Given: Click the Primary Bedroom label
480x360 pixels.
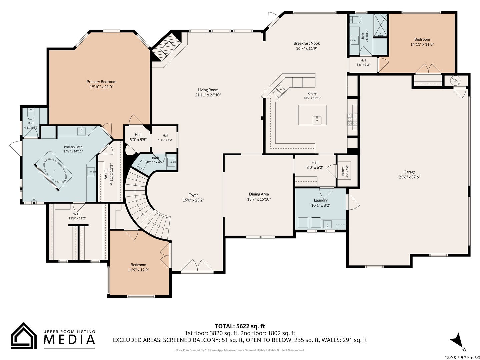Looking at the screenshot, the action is point(101,82).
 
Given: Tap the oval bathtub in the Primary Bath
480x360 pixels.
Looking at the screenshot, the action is point(55,171).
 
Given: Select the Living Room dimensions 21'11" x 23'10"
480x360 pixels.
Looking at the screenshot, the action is point(208,95).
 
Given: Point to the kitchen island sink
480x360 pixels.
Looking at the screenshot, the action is point(317,120).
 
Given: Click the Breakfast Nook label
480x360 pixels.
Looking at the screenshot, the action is point(307,43).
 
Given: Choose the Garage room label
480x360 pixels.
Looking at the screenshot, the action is point(409,172).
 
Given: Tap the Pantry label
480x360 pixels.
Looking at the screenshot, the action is point(343,171).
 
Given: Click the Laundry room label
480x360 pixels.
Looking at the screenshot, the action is point(321,200).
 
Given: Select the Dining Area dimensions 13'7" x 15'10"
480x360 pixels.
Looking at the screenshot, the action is point(259,199).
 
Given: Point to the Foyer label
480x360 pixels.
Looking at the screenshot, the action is point(193,195).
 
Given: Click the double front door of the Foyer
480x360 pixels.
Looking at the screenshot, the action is point(197,266).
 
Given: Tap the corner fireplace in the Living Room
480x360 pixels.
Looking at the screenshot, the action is point(167,46).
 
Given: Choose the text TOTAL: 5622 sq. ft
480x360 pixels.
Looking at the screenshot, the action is point(240,326).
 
